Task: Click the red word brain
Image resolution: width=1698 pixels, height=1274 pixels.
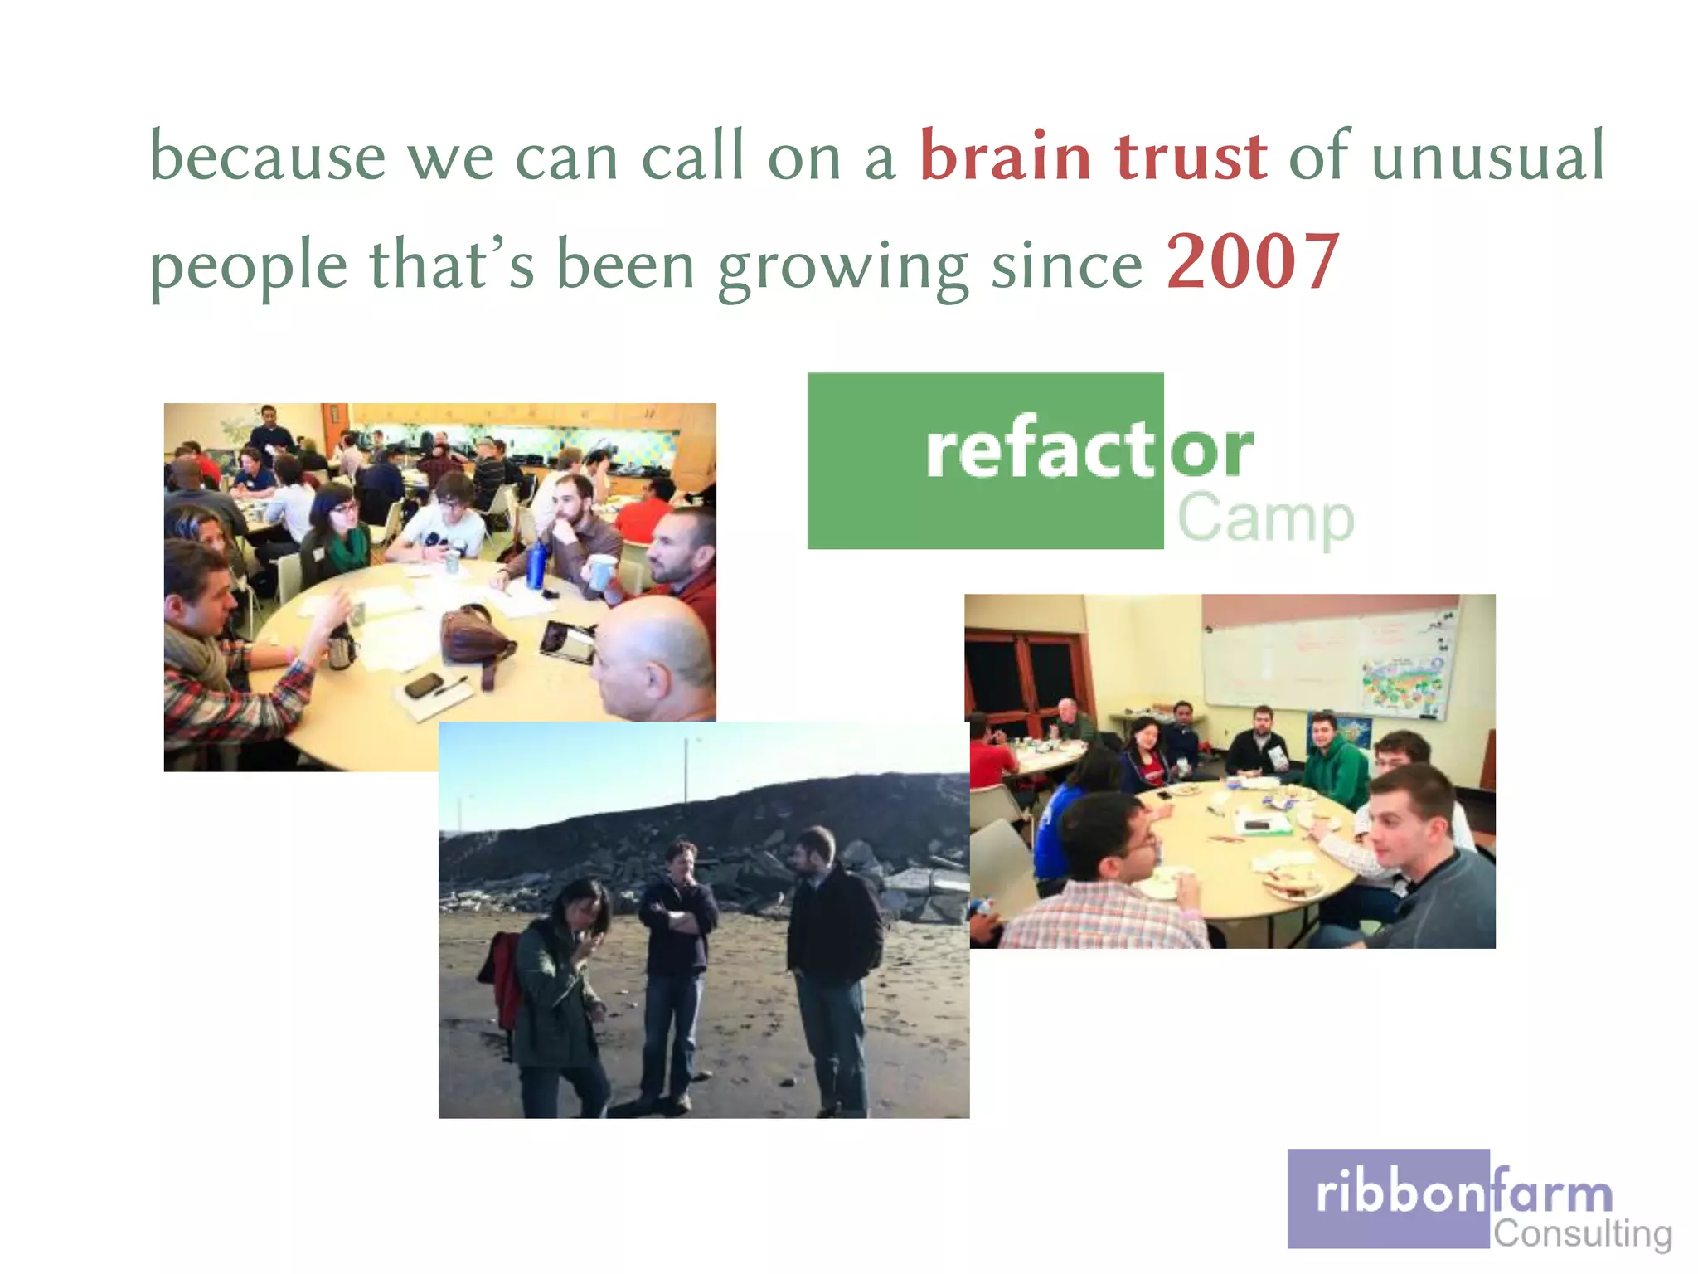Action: point(1005,156)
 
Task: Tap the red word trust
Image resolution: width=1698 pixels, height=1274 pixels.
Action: point(1191,156)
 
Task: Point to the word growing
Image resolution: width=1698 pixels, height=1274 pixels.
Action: point(842,267)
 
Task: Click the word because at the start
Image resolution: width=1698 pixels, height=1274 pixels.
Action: point(268,156)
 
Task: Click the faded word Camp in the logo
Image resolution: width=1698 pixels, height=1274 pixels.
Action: point(1265,518)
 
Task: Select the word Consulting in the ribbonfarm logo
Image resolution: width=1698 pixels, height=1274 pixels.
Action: point(1582,1233)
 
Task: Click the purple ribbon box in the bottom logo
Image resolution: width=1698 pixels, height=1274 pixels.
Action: point(1388,1198)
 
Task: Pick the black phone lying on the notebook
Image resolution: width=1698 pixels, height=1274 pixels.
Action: point(424,685)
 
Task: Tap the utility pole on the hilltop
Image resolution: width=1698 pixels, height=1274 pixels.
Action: point(686,771)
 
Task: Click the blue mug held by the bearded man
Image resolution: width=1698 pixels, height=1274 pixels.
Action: point(600,571)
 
